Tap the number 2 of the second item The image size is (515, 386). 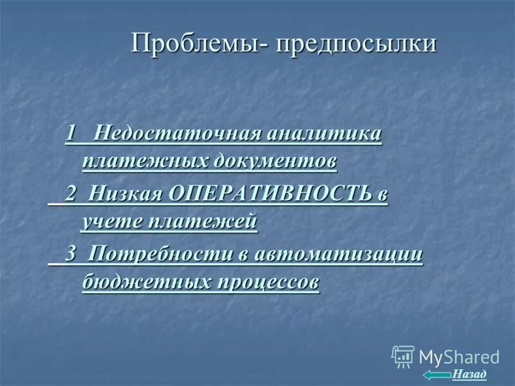click(x=72, y=194)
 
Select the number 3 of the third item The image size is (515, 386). click(x=72, y=253)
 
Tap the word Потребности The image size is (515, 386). click(x=161, y=253)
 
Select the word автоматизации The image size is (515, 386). click(x=339, y=253)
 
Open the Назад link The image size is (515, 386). click(x=469, y=374)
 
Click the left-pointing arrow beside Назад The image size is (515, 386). click(x=436, y=374)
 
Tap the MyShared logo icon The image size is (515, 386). click(x=403, y=356)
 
